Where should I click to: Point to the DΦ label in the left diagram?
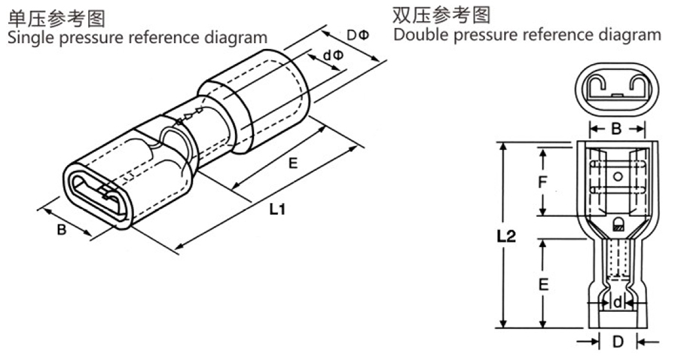357,35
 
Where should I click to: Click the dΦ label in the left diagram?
332,56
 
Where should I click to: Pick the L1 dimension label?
277,210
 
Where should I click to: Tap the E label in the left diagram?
292,161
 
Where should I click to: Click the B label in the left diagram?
62,230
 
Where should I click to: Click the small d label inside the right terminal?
617,303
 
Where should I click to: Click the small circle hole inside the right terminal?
617,178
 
